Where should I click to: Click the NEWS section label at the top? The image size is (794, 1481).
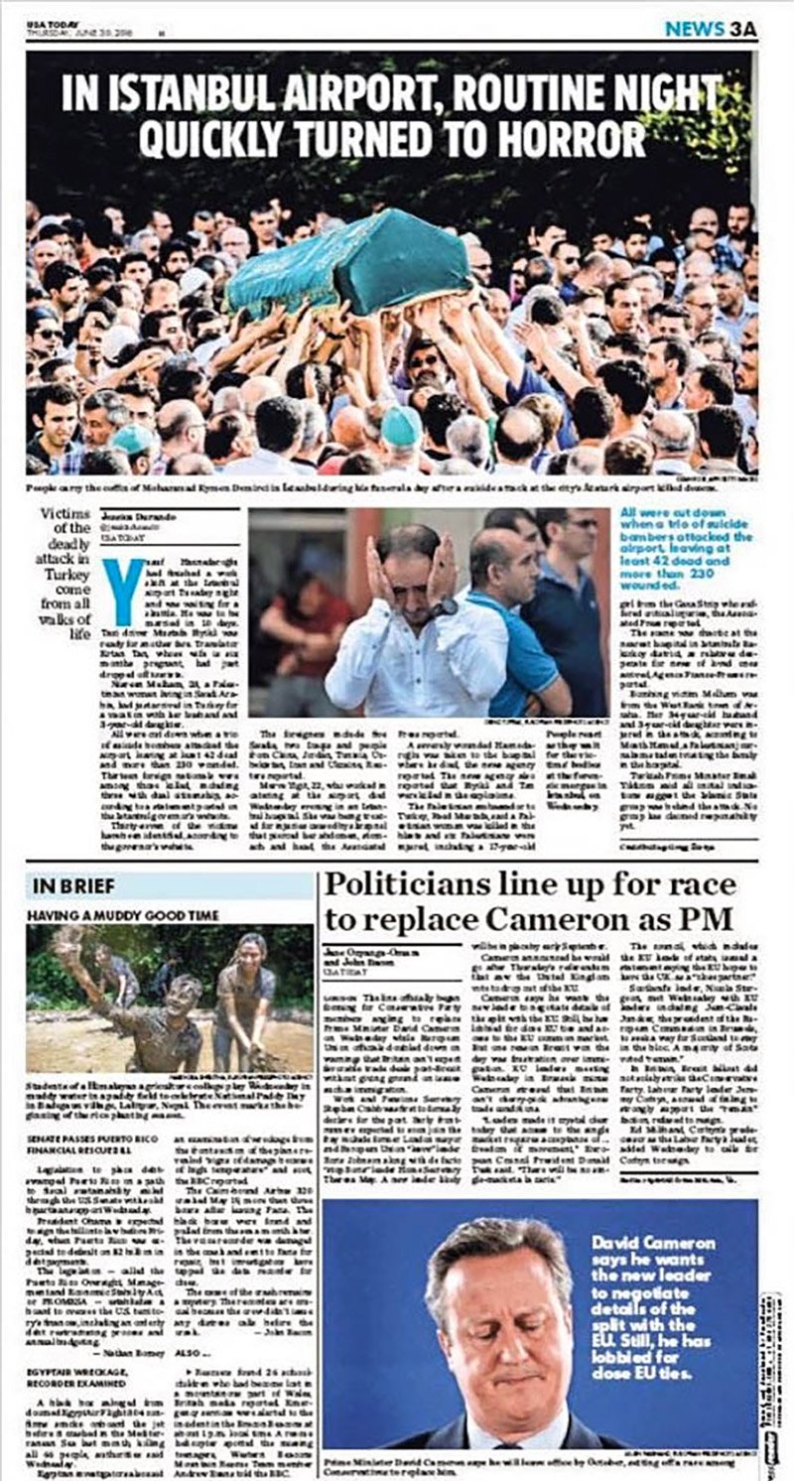694,29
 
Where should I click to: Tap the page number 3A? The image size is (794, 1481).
741,29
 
